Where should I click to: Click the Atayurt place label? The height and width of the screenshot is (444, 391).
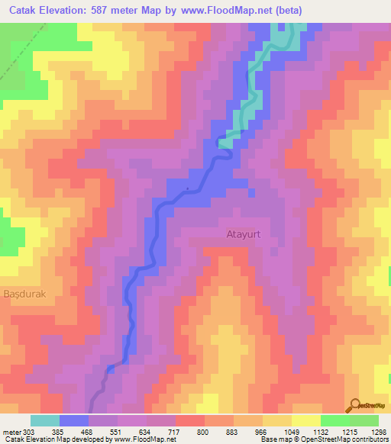(243, 236)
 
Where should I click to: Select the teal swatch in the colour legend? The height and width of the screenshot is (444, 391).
(44, 420)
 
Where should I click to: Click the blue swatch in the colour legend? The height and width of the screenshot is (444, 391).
(73, 420)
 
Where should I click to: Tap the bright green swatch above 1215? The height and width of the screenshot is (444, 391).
(334, 420)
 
